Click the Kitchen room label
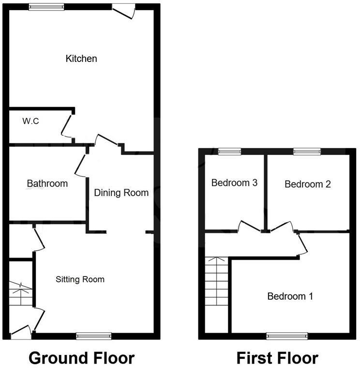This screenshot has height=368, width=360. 81,59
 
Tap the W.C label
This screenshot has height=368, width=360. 30,121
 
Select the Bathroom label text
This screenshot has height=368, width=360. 47,184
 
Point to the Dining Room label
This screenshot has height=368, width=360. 121,193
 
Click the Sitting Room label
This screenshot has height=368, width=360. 80,279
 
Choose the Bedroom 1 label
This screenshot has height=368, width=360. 290,296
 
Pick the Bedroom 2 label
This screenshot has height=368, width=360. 308,184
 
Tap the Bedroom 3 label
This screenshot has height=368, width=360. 234,183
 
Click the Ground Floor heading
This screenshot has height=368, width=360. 82,358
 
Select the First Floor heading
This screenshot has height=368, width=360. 277,358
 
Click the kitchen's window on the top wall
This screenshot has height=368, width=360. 46,7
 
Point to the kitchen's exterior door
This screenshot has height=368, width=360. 123,12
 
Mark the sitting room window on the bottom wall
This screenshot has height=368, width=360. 94,336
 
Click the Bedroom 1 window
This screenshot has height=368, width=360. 287,336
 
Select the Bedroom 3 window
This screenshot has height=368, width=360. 230,152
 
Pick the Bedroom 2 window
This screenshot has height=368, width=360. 307,152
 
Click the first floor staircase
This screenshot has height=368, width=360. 216,281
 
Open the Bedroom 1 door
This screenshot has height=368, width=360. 303,244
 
